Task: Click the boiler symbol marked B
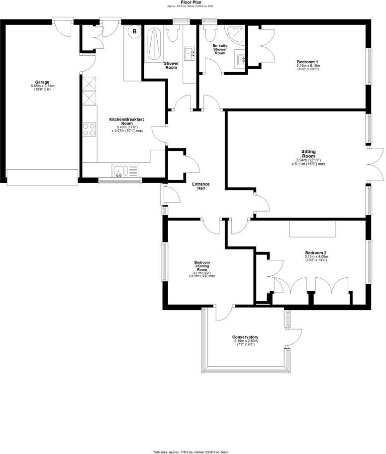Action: [134, 31]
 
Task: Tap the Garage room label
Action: [42, 82]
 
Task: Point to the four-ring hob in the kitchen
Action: [90, 129]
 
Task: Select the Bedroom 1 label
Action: [308, 61]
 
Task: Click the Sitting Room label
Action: [308, 153]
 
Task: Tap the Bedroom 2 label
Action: [316, 252]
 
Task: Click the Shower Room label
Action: [171, 65]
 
